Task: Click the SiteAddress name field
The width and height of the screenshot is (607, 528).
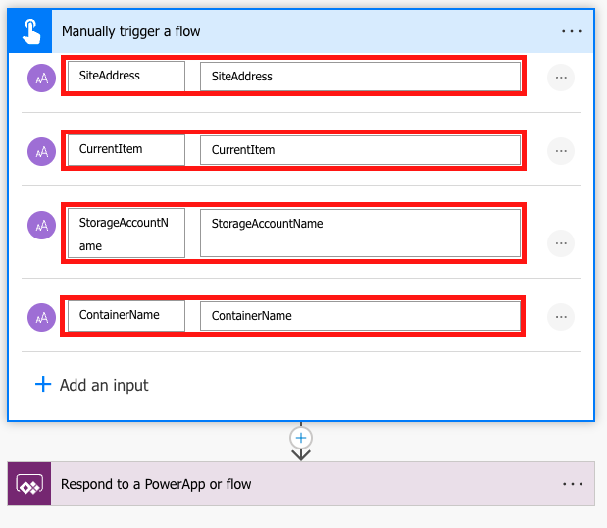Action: (x=126, y=76)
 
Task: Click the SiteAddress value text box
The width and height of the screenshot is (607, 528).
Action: (x=360, y=76)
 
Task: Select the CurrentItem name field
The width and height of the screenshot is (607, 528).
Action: (x=126, y=150)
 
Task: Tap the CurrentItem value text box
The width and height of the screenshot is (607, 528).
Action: (x=360, y=150)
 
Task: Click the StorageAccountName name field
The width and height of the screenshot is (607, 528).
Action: (x=126, y=235)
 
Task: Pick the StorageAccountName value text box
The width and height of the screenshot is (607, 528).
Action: (x=360, y=234)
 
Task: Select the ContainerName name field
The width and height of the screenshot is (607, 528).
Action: (x=126, y=316)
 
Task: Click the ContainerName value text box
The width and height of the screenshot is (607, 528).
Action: (x=360, y=316)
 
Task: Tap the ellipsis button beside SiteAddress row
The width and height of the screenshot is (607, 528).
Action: (x=561, y=77)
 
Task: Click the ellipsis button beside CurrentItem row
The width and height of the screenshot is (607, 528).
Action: (x=561, y=151)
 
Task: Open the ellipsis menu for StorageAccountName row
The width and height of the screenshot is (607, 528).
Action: (x=561, y=242)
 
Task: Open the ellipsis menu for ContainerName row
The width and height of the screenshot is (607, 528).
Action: (x=561, y=317)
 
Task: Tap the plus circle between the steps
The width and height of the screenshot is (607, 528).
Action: (x=301, y=438)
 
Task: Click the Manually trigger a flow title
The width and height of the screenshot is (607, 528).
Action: (x=131, y=31)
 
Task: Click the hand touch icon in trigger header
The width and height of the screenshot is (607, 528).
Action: (x=29, y=31)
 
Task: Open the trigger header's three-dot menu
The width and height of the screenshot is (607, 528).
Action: (x=572, y=31)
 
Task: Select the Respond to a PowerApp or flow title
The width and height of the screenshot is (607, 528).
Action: (x=156, y=484)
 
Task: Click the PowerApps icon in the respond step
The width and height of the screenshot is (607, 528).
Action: (x=29, y=484)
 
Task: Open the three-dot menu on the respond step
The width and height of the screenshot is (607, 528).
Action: (x=572, y=484)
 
